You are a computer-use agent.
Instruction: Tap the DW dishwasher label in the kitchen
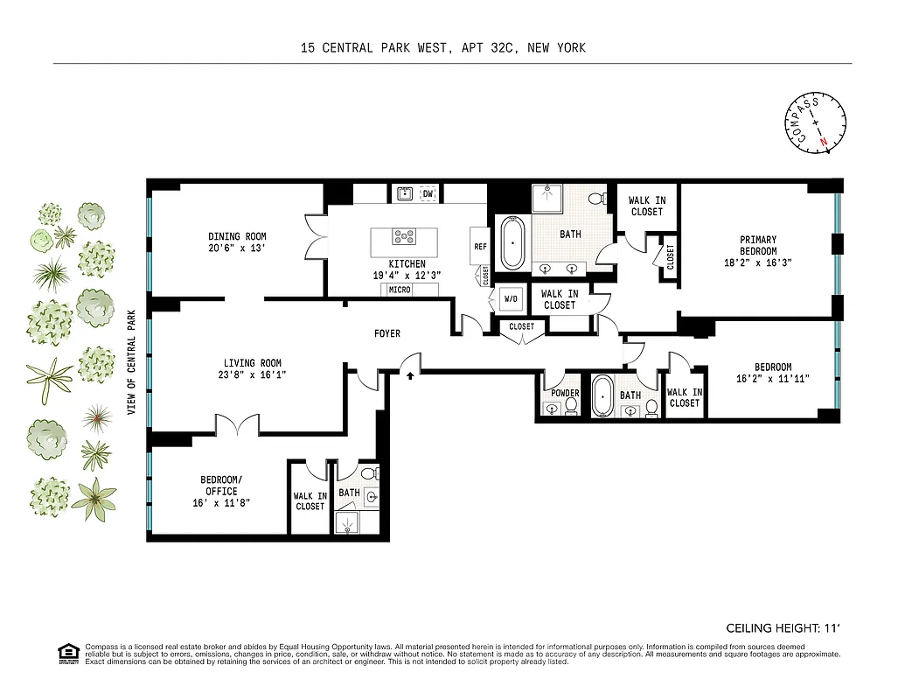[428, 193]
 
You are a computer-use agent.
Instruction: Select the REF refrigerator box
[480, 247]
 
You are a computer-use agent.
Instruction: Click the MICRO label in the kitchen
[400, 290]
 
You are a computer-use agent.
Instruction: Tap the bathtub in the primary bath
[512, 242]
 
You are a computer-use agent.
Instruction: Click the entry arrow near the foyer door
[409, 374]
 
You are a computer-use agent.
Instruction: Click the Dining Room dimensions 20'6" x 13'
[237, 248]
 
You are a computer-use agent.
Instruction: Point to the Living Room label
[252, 363]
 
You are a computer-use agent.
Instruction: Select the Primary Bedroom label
[758, 245]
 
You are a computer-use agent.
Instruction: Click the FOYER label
[387, 333]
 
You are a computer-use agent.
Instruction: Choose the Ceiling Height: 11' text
[783, 628]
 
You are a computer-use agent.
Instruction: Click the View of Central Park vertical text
[133, 362]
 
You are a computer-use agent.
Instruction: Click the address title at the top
[442, 48]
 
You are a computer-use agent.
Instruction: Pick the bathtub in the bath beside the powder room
[602, 398]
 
